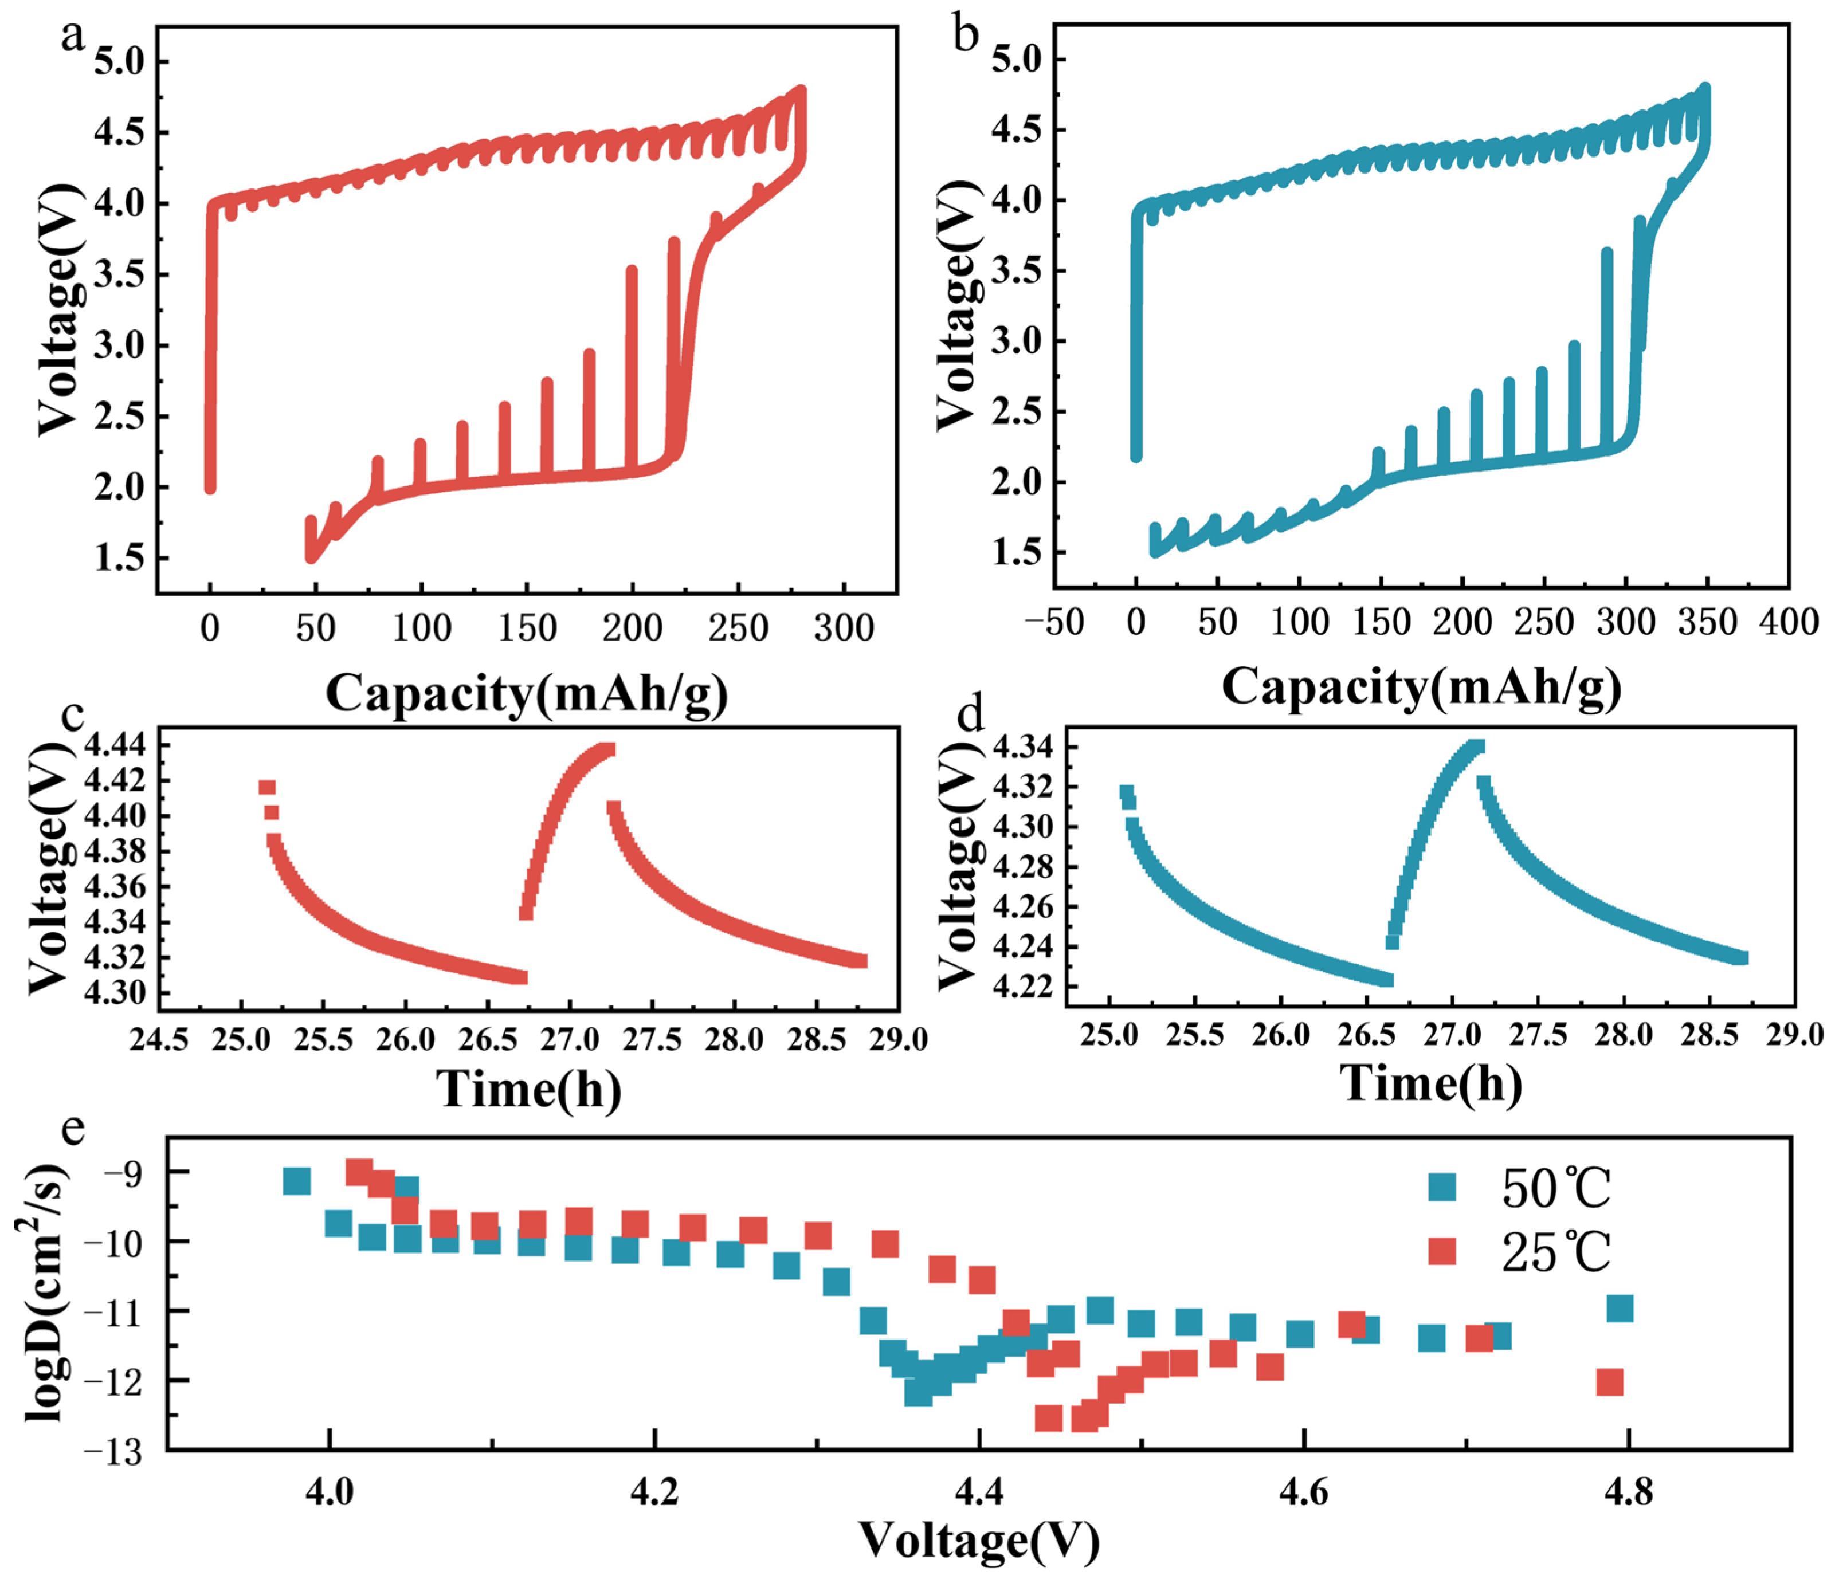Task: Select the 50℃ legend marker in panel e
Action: click(1442, 1187)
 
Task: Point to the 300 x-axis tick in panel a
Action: click(844, 628)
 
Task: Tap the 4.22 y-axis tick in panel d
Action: click(1023, 985)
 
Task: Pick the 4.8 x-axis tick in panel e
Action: click(1628, 1494)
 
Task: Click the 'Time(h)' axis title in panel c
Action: click(529, 1088)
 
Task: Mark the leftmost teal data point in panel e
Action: click(297, 1181)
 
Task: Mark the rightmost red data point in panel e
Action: click(1610, 1382)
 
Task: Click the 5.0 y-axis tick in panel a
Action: click(120, 62)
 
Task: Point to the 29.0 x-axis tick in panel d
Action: click(1794, 1035)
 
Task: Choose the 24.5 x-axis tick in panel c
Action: click(159, 1039)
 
